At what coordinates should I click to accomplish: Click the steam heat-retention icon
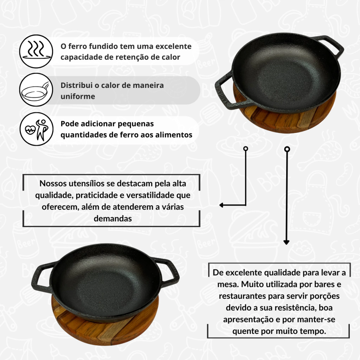click(36, 51)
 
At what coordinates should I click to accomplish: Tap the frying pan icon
click(36, 90)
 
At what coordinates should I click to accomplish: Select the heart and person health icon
click(36, 129)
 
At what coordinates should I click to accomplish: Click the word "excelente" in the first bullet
click(174, 46)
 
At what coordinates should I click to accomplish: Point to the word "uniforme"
click(78, 96)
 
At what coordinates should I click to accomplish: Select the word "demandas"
click(113, 219)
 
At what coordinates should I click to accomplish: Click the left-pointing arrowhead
click(221, 205)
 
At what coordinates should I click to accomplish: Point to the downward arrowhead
click(286, 243)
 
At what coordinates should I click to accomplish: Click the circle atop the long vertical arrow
click(287, 149)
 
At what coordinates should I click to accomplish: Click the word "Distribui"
click(76, 85)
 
